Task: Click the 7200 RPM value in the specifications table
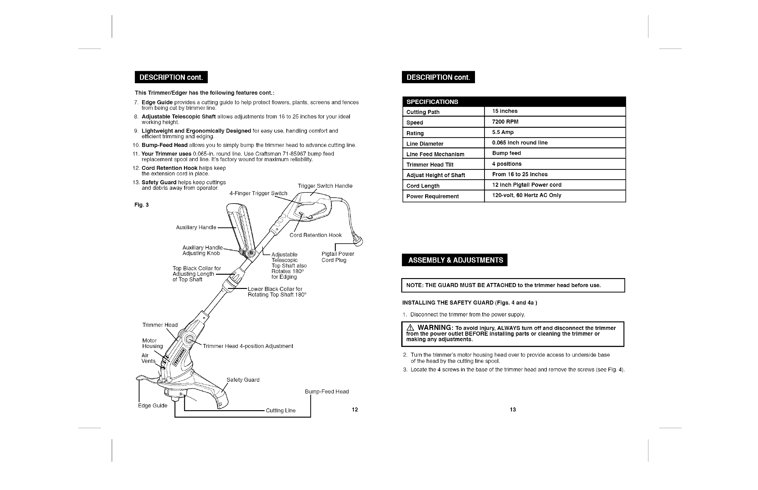click(505, 122)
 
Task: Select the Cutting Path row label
click(423, 112)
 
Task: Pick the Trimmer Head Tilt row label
click(430, 165)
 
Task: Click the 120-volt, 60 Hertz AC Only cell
click(526, 195)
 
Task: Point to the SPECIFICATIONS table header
click(432, 102)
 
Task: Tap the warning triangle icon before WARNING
click(410, 328)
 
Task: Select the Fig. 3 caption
click(142, 204)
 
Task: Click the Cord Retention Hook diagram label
click(315, 235)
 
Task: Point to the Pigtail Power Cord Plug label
click(338, 257)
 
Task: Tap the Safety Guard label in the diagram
click(243, 380)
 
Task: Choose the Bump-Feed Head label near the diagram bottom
click(327, 391)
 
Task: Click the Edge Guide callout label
click(153, 405)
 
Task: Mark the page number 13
click(513, 410)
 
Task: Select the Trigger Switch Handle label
click(325, 186)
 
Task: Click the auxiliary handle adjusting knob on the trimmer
click(251, 253)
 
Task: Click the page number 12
click(355, 410)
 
